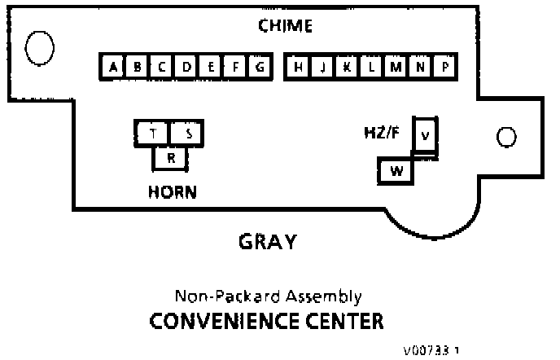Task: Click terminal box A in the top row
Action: click(112, 68)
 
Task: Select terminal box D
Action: click(186, 68)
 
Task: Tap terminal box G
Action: click(258, 68)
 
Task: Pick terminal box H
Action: click(299, 68)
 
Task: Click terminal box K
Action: click(347, 68)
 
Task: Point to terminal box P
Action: click(444, 68)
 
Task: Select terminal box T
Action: click(153, 134)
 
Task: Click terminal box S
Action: click(188, 134)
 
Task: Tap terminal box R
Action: click(170, 158)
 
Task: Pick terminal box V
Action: click(425, 134)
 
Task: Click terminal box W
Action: click(396, 171)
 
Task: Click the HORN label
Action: click(172, 193)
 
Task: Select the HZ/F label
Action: click(382, 131)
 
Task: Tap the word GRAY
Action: click(267, 242)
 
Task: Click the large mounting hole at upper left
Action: click(39, 47)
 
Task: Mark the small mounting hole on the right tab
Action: click(505, 136)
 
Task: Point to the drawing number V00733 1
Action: click(430, 351)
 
